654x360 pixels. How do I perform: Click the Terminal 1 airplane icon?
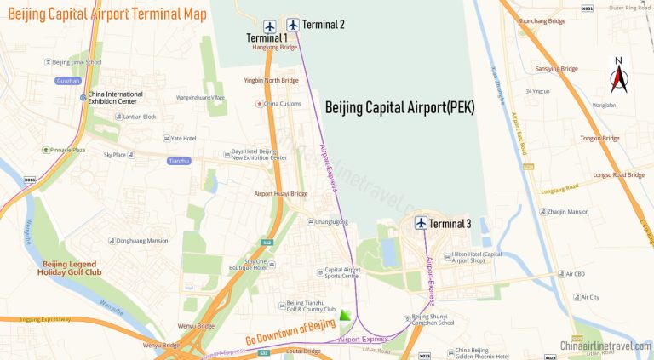tap(270, 26)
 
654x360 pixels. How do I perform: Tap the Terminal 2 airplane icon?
tap(293, 24)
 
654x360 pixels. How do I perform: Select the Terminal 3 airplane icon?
tap(421, 223)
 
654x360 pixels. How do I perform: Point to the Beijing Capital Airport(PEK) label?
tap(399, 108)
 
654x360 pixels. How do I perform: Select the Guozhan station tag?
tap(67, 81)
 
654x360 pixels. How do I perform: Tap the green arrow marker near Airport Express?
tap(345, 316)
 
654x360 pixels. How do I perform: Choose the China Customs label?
tap(282, 104)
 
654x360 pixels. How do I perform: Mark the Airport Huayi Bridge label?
tap(280, 193)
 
